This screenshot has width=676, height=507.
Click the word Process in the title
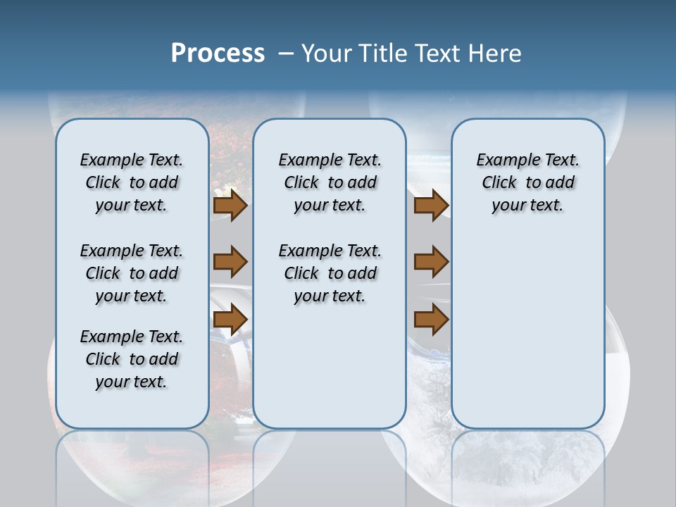(x=218, y=53)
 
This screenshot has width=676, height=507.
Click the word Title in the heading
(x=382, y=53)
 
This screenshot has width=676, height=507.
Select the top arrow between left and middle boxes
(x=230, y=206)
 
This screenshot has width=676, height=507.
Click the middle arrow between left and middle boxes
(x=230, y=262)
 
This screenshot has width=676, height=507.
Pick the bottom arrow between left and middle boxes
(x=230, y=319)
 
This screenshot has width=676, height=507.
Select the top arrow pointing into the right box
(x=431, y=206)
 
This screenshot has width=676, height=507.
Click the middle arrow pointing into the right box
(x=431, y=262)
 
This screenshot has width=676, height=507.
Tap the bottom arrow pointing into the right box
(x=431, y=319)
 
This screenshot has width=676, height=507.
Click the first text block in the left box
(x=132, y=182)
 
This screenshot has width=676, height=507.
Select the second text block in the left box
(x=132, y=273)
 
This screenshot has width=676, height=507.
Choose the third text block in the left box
(x=132, y=359)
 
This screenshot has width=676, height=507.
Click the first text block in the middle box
(x=330, y=182)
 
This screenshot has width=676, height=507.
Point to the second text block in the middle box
(x=330, y=273)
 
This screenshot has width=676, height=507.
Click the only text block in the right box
(x=527, y=182)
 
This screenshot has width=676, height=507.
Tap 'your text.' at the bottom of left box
(x=132, y=382)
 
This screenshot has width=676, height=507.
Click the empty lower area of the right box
(x=527, y=338)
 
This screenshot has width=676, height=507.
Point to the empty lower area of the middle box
(x=330, y=366)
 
